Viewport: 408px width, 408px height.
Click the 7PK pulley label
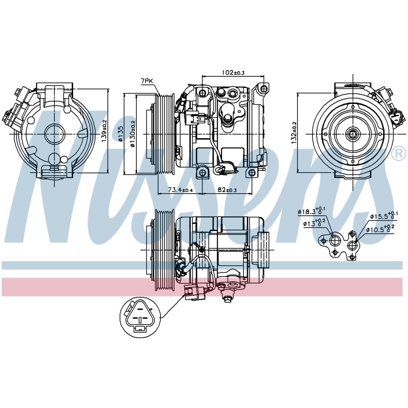tap(147, 81)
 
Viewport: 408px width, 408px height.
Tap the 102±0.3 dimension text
tap(233, 72)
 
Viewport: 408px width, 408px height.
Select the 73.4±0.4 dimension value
tap(180, 190)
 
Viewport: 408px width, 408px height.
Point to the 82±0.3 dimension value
tap(227, 190)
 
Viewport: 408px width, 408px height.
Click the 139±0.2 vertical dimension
tap(104, 131)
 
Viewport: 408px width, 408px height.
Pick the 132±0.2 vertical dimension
tap(294, 132)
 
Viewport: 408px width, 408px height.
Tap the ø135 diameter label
tap(120, 134)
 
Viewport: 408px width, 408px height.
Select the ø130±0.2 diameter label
tap(133, 134)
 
